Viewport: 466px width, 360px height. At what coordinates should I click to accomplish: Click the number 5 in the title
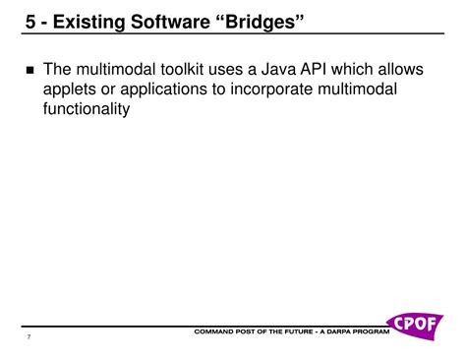tap(32, 21)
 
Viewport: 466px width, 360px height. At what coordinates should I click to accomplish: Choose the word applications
tap(173, 90)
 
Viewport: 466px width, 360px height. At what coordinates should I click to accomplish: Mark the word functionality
tap(87, 109)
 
